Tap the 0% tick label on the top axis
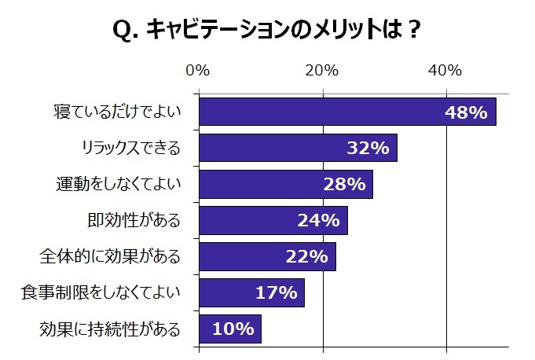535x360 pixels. pyautogui.click(x=198, y=71)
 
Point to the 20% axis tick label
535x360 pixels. pyautogui.click(x=322, y=71)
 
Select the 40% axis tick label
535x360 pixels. pyautogui.click(x=446, y=71)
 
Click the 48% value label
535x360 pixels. pyautogui.click(x=467, y=112)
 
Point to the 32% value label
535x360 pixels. pyautogui.click(x=368, y=148)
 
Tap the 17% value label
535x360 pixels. pyautogui.click(x=276, y=293)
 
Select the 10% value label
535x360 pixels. pyautogui.click(x=233, y=329)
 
